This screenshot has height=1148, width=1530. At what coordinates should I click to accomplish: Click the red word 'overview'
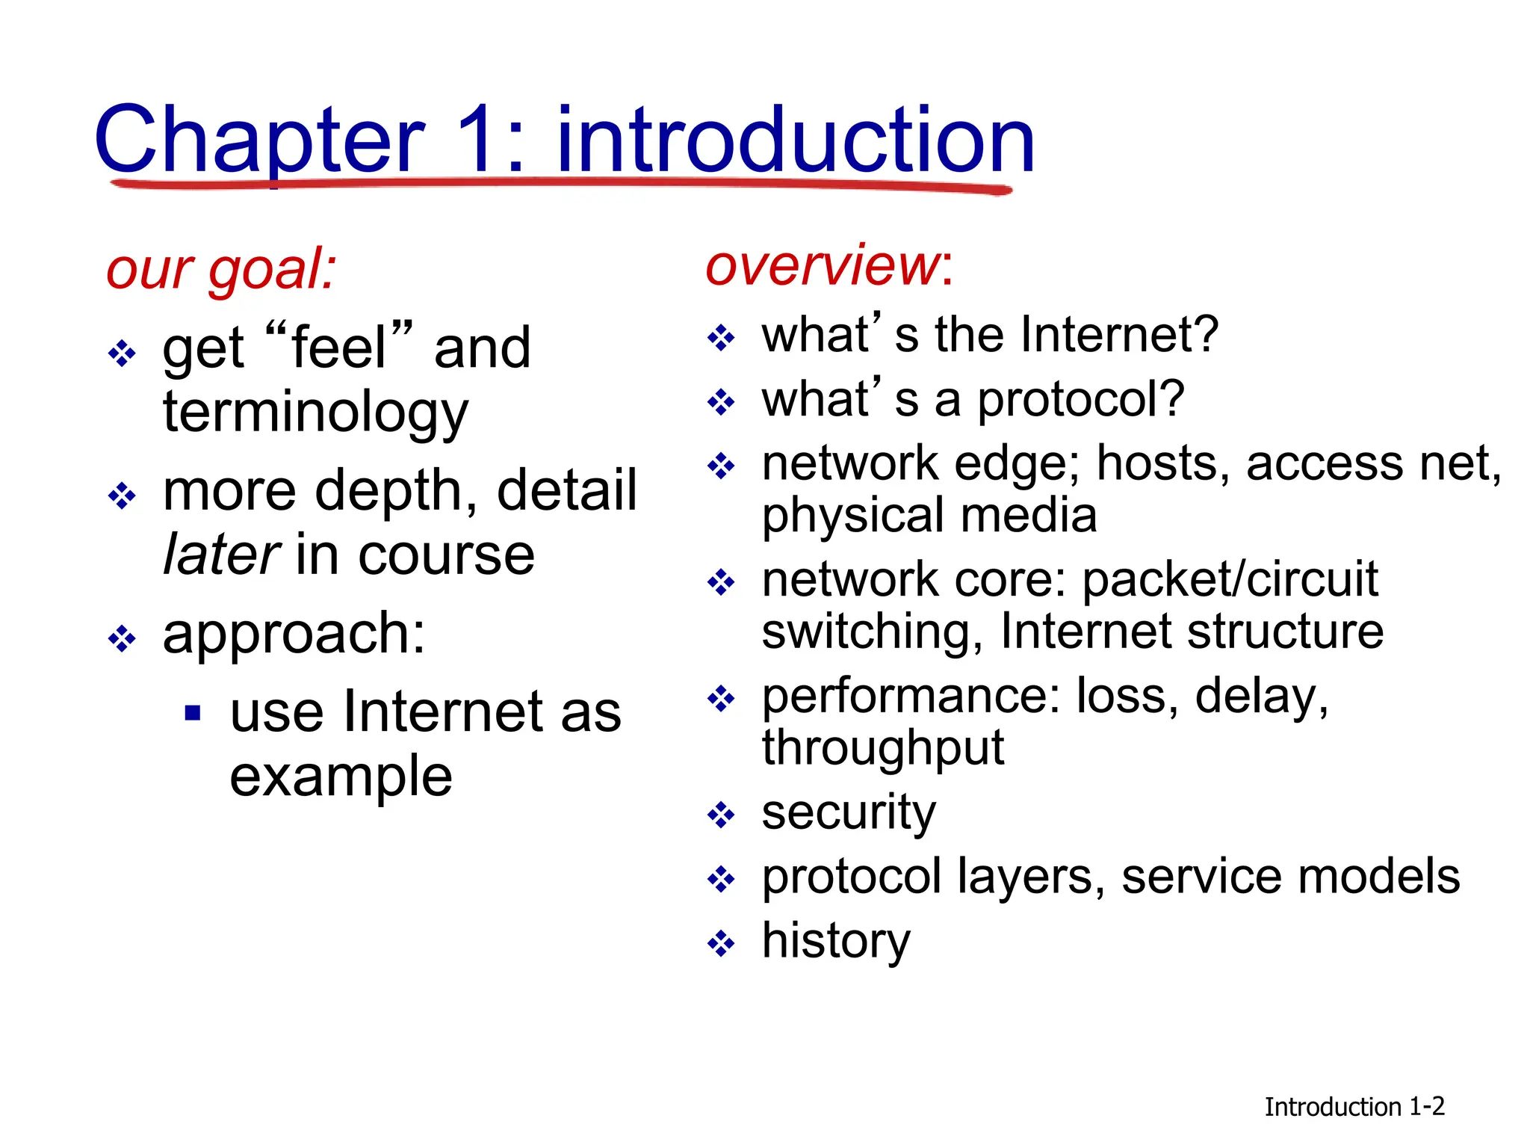(823, 265)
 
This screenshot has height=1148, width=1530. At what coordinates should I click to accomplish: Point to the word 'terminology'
(315, 413)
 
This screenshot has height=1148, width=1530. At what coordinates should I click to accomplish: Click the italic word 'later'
(222, 555)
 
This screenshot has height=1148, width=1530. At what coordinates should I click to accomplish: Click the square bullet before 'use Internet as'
(193, 713)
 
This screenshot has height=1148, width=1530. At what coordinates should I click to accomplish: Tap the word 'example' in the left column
(341, 777)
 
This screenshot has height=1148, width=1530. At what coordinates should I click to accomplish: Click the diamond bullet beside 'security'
(721, 815)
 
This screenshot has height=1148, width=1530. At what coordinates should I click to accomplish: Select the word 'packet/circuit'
(1230, 580)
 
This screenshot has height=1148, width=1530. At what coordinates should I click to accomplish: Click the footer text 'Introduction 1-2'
(1354, 1107)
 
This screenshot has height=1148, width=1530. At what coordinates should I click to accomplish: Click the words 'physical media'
(929, 516)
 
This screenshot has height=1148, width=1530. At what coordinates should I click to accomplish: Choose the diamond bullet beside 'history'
(721, 943)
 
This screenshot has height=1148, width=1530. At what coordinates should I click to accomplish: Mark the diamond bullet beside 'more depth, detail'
(122, 496)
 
